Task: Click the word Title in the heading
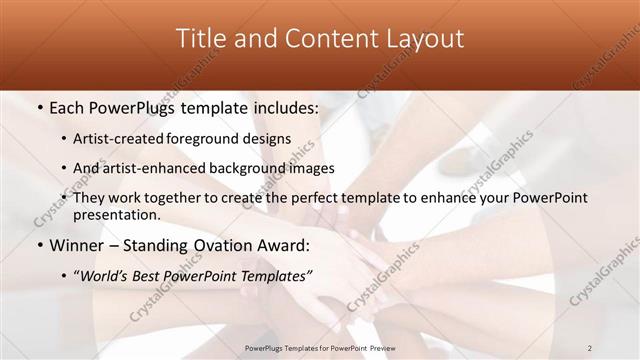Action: [x=201, y=39]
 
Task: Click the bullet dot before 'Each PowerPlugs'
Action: [x=38, y=108]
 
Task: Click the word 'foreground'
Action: [x=209, y=139]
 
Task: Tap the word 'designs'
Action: [x=268, y=139]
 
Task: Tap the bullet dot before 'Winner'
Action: [x=38, y=246]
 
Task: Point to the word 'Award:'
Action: [x=283, y=246]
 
